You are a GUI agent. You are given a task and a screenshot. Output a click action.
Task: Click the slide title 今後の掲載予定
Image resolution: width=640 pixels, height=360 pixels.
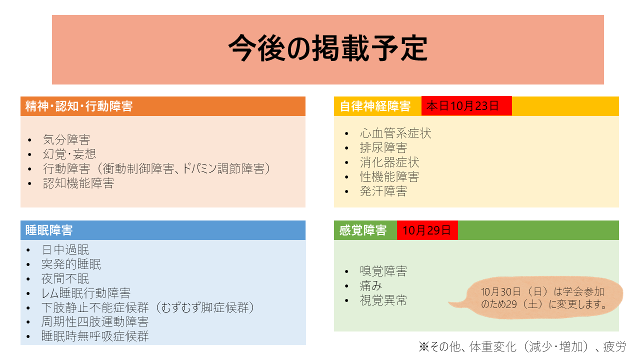click(x=327, y=48)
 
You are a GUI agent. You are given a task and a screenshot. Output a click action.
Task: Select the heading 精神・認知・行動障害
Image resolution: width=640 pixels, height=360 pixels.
click(x=79, y=106)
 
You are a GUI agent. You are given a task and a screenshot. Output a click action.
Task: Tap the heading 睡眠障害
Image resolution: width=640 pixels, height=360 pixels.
click(x=49, y=230)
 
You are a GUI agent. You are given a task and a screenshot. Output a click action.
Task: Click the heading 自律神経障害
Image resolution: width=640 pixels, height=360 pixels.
click(x=375, y=106)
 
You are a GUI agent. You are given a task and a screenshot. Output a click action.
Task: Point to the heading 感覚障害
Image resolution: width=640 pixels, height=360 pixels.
click(x=363, y=230)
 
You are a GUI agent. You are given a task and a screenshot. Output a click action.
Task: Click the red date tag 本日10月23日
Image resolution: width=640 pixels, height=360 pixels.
click(x=466, y=106)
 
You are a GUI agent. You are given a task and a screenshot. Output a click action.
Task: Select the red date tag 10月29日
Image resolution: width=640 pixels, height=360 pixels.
click(x=427, y=230)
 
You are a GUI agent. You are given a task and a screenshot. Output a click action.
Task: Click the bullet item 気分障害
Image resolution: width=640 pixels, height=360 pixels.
click(x=66, y=139)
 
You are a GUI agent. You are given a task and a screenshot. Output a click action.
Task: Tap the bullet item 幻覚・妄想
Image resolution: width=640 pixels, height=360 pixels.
click(x=69, y=154)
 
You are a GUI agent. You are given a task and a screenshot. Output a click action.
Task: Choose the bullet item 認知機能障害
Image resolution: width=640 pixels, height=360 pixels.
click(x=78, y=183)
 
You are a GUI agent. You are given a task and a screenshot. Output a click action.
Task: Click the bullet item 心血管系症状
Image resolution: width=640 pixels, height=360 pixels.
click(x=395, y=133)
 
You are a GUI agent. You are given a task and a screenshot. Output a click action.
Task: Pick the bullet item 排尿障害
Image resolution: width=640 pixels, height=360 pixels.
click(x=383, y=147)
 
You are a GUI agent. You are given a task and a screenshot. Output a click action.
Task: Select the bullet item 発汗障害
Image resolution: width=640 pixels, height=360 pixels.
click(x=383, y=191)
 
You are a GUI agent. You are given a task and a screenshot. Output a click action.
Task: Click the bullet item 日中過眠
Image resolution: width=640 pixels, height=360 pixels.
click(x=65, y=249)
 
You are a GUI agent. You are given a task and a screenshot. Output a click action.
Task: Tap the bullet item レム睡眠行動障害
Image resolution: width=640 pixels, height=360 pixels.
click(x=86, y=293)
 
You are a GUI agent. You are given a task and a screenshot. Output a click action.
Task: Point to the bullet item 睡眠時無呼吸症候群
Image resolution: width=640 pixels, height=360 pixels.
click(x=95, y=336)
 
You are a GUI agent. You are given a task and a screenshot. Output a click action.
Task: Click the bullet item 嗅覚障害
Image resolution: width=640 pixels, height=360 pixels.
click(x=383, y=271)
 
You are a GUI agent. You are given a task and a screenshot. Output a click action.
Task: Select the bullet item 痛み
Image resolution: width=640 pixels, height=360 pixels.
click(x=371, y=285)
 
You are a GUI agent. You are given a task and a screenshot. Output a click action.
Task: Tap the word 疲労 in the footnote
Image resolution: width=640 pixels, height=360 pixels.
click(x=614, y=347)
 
